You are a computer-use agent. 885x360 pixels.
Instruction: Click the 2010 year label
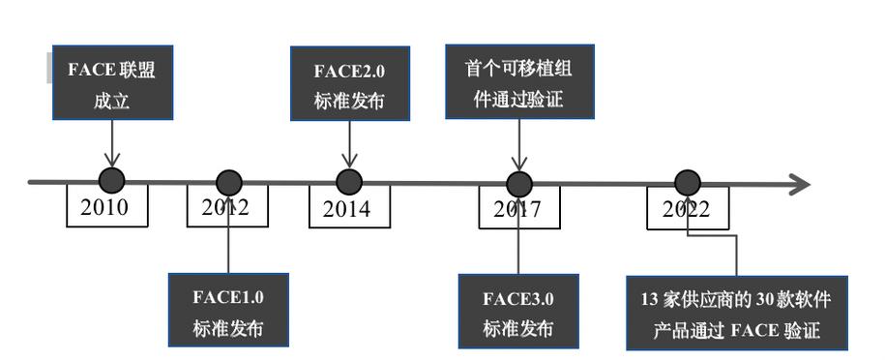pyautogui.click(x=106, y=207)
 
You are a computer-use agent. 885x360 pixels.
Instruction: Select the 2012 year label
pyautogui.click(x=227, y=207)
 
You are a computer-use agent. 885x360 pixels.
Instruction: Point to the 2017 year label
pyautogui.click(x=518, y=208)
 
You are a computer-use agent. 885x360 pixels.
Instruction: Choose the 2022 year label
pyautogui.click(x=687, y=209)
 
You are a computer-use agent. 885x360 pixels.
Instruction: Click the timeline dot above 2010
pyautogui.click(x=112, y=180)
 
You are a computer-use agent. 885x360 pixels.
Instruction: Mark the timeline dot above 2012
pyautogui.click(x=229, y=182)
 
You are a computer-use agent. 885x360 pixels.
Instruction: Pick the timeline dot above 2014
pyautogui.click(x=349, y=181)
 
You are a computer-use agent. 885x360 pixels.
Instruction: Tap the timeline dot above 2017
pyautogui.click(x=519, y=183)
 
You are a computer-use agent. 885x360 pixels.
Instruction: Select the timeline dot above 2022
pyautogui.click(x=688, y=182)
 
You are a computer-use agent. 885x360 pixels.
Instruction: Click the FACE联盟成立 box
pyautogui.click(x=112, y=83)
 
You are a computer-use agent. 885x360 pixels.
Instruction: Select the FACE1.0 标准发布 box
pyautogui.click(x=228, y=310)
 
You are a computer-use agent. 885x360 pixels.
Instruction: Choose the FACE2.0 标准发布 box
pyautogui.click(x=349, y=84)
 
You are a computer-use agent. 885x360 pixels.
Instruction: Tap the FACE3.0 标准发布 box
pyautogui.click(x=518, y=310)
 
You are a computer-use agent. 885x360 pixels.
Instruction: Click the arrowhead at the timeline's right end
pyautogui.click(x=799, y=183)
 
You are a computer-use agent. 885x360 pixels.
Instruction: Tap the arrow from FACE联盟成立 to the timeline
pyautogui.click(x=112, y=143)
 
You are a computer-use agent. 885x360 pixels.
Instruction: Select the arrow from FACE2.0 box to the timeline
pyautogui.click(x=349, y=143)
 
